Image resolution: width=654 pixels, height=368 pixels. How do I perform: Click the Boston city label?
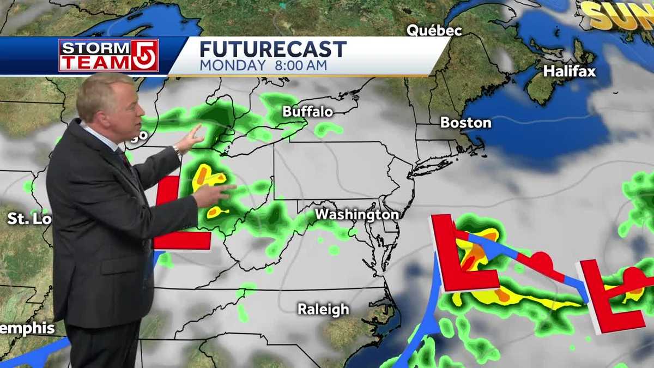(465, 123)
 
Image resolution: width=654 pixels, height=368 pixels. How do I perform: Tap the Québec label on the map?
(434, 31)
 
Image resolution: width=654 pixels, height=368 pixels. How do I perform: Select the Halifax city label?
(569, 71)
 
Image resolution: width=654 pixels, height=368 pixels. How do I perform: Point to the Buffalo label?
(307, 112)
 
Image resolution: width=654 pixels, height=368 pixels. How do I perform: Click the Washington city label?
(356, 215)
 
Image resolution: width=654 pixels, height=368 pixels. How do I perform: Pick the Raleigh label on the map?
(323, 310)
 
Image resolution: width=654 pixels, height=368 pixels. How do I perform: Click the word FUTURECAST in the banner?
(272, 50)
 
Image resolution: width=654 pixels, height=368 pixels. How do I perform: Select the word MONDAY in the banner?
(232, 65)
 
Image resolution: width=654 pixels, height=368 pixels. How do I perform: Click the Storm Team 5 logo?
(108, 55)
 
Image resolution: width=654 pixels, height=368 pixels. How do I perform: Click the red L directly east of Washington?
(461, 259)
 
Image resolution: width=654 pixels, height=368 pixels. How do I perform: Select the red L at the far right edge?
(608, 300)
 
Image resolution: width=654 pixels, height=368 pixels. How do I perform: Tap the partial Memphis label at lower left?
(27, 328)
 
